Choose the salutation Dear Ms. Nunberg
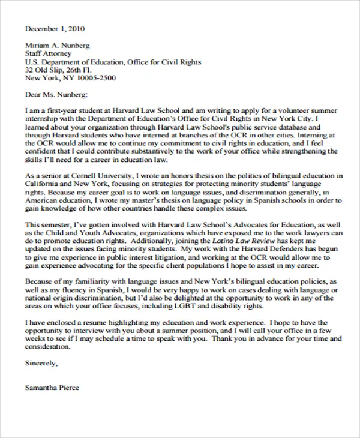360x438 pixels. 56,95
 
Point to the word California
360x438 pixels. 44,184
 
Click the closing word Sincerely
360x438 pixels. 41,363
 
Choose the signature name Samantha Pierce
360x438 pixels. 52,388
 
